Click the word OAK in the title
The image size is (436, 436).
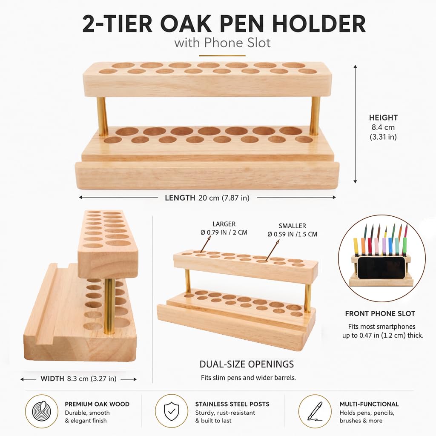click(186, 24)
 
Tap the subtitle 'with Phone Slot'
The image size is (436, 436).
click(222, 43)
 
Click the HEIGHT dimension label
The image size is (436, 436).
click(383, 118)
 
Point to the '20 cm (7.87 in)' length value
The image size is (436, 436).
click(224, 198)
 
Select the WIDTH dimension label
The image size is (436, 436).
click(52, 379)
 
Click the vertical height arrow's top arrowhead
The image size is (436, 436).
click(355, 67)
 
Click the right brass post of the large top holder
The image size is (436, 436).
click(315, 115)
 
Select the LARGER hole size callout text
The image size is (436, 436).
click(224, 228)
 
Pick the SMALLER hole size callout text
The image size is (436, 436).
click(292, 230)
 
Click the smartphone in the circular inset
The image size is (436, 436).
click(381, 268)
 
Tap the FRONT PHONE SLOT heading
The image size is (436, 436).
click(380, 314)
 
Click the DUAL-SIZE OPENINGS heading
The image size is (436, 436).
click(247, 364)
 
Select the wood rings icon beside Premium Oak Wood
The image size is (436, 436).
click(42, 411)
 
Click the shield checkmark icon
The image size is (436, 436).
click(172, 411)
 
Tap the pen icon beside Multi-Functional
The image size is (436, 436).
click(315, 411)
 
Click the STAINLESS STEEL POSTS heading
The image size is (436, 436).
click(232, 404)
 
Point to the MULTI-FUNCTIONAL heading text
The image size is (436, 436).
click(369, 404)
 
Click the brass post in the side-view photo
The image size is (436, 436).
click(109, 305)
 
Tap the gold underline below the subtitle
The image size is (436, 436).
click(222, 56)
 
